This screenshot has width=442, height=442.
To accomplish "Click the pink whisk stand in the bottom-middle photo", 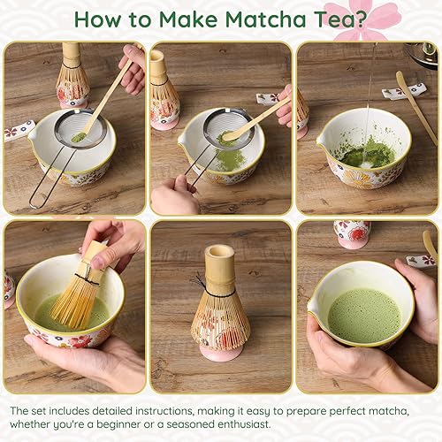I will pyautogui.click(x=219, y=352).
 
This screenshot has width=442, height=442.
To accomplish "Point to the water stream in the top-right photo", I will pyautogui.click(x=370, y=106).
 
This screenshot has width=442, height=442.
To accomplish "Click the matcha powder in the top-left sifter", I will pyautogui.click(x=79, y=137).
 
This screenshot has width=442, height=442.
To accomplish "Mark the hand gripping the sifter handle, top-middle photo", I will pyautogui.click(x=174, y=196).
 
